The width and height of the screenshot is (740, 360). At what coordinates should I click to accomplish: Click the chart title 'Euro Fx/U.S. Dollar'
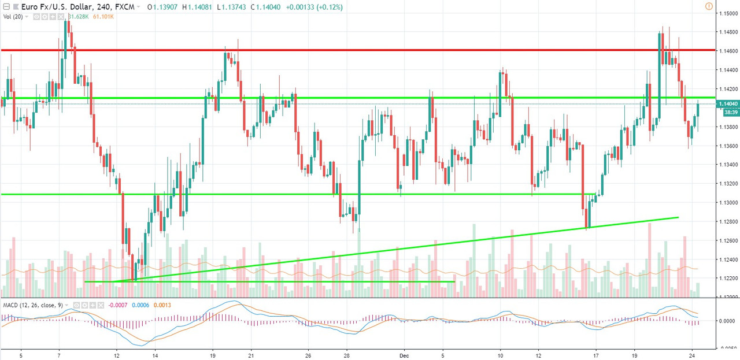click(x=42, y=7)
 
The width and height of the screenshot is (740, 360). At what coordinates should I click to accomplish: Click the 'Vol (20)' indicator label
click(x=13, y=17)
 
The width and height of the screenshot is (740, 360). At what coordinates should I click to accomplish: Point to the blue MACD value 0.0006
click(x=141, y=305)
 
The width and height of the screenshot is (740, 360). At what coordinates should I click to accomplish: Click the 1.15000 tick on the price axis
click(x=727, y=13)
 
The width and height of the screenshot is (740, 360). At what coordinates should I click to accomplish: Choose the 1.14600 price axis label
click(x=727, y=51)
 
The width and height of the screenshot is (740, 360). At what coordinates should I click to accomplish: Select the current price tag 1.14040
click(x=727, y=104)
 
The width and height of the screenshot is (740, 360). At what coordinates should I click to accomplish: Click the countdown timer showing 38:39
click(x=727, y=113)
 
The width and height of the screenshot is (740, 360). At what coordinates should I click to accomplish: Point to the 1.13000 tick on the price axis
click(x=727, y=203)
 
